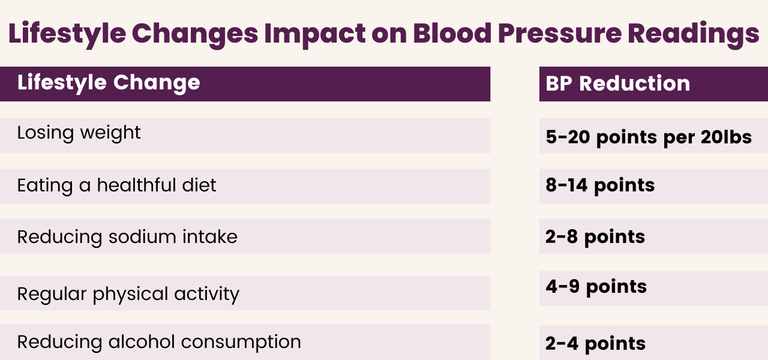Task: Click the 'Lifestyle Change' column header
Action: click(x=109, y=83)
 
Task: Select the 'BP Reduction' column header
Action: click(x=618, y=84)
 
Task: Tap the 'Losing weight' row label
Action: click(x=79, y=133)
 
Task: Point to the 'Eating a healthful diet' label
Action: click(x=116, y=185)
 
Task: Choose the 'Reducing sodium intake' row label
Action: click(x=127, y=237)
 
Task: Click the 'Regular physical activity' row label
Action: click(x=128, y=294)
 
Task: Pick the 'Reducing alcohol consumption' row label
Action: click(x=159, y=342)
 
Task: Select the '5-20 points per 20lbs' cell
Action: click(x=649, y=137)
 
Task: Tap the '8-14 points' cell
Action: click(x=600, y=185)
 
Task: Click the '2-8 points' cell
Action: click(x=595, y=237)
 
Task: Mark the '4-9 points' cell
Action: click(x=596, y=287)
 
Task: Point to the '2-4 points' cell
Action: click(x=596, y=344)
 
